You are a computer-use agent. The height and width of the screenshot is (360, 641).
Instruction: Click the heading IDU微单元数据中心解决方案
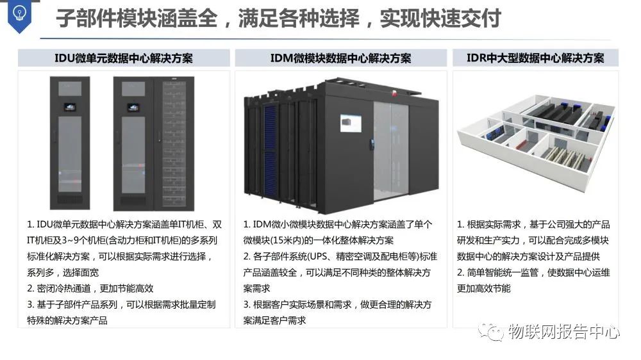[x=124, y=58]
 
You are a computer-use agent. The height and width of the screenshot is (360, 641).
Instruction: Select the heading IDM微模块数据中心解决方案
[x=340, y=58]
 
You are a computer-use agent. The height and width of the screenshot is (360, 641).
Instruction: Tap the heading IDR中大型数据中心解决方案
[x=536, y=58]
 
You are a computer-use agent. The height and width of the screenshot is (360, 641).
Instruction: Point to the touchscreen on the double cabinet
[x=133, y=105]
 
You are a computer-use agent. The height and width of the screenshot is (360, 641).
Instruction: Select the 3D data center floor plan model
[x=536, y=138]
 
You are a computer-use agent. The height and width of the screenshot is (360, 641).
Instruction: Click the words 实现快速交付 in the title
[x=440, y=19]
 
